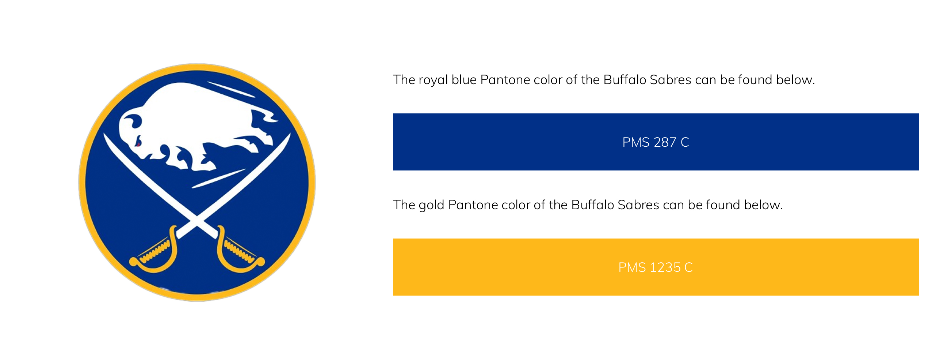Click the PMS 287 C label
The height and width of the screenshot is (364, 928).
pos(656,142)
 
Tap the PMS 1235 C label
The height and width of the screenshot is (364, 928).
pos(656,267)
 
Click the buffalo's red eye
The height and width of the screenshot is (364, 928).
pos(138,143)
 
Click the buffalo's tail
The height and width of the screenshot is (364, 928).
pos(264,117)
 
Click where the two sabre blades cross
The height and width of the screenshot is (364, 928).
pos(197,219)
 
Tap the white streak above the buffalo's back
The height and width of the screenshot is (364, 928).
pos(231,89)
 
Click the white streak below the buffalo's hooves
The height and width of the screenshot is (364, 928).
pos(218,179)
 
